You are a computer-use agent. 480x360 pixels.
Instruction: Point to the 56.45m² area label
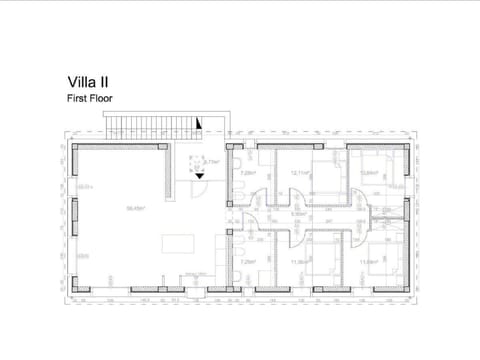[135, 209]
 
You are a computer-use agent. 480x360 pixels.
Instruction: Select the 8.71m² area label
[210, 160]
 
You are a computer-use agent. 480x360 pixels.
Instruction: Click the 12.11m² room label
[298, 173]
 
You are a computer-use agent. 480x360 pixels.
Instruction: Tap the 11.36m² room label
[298, 262]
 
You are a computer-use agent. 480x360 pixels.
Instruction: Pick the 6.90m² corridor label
[298, 213]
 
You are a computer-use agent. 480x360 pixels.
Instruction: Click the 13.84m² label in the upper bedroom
[368, 173]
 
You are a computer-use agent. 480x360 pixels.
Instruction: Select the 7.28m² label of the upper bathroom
[248, 173]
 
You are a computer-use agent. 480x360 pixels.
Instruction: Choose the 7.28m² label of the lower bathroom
[248, 262]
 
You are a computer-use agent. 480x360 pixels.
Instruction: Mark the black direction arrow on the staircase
[199, 123]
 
